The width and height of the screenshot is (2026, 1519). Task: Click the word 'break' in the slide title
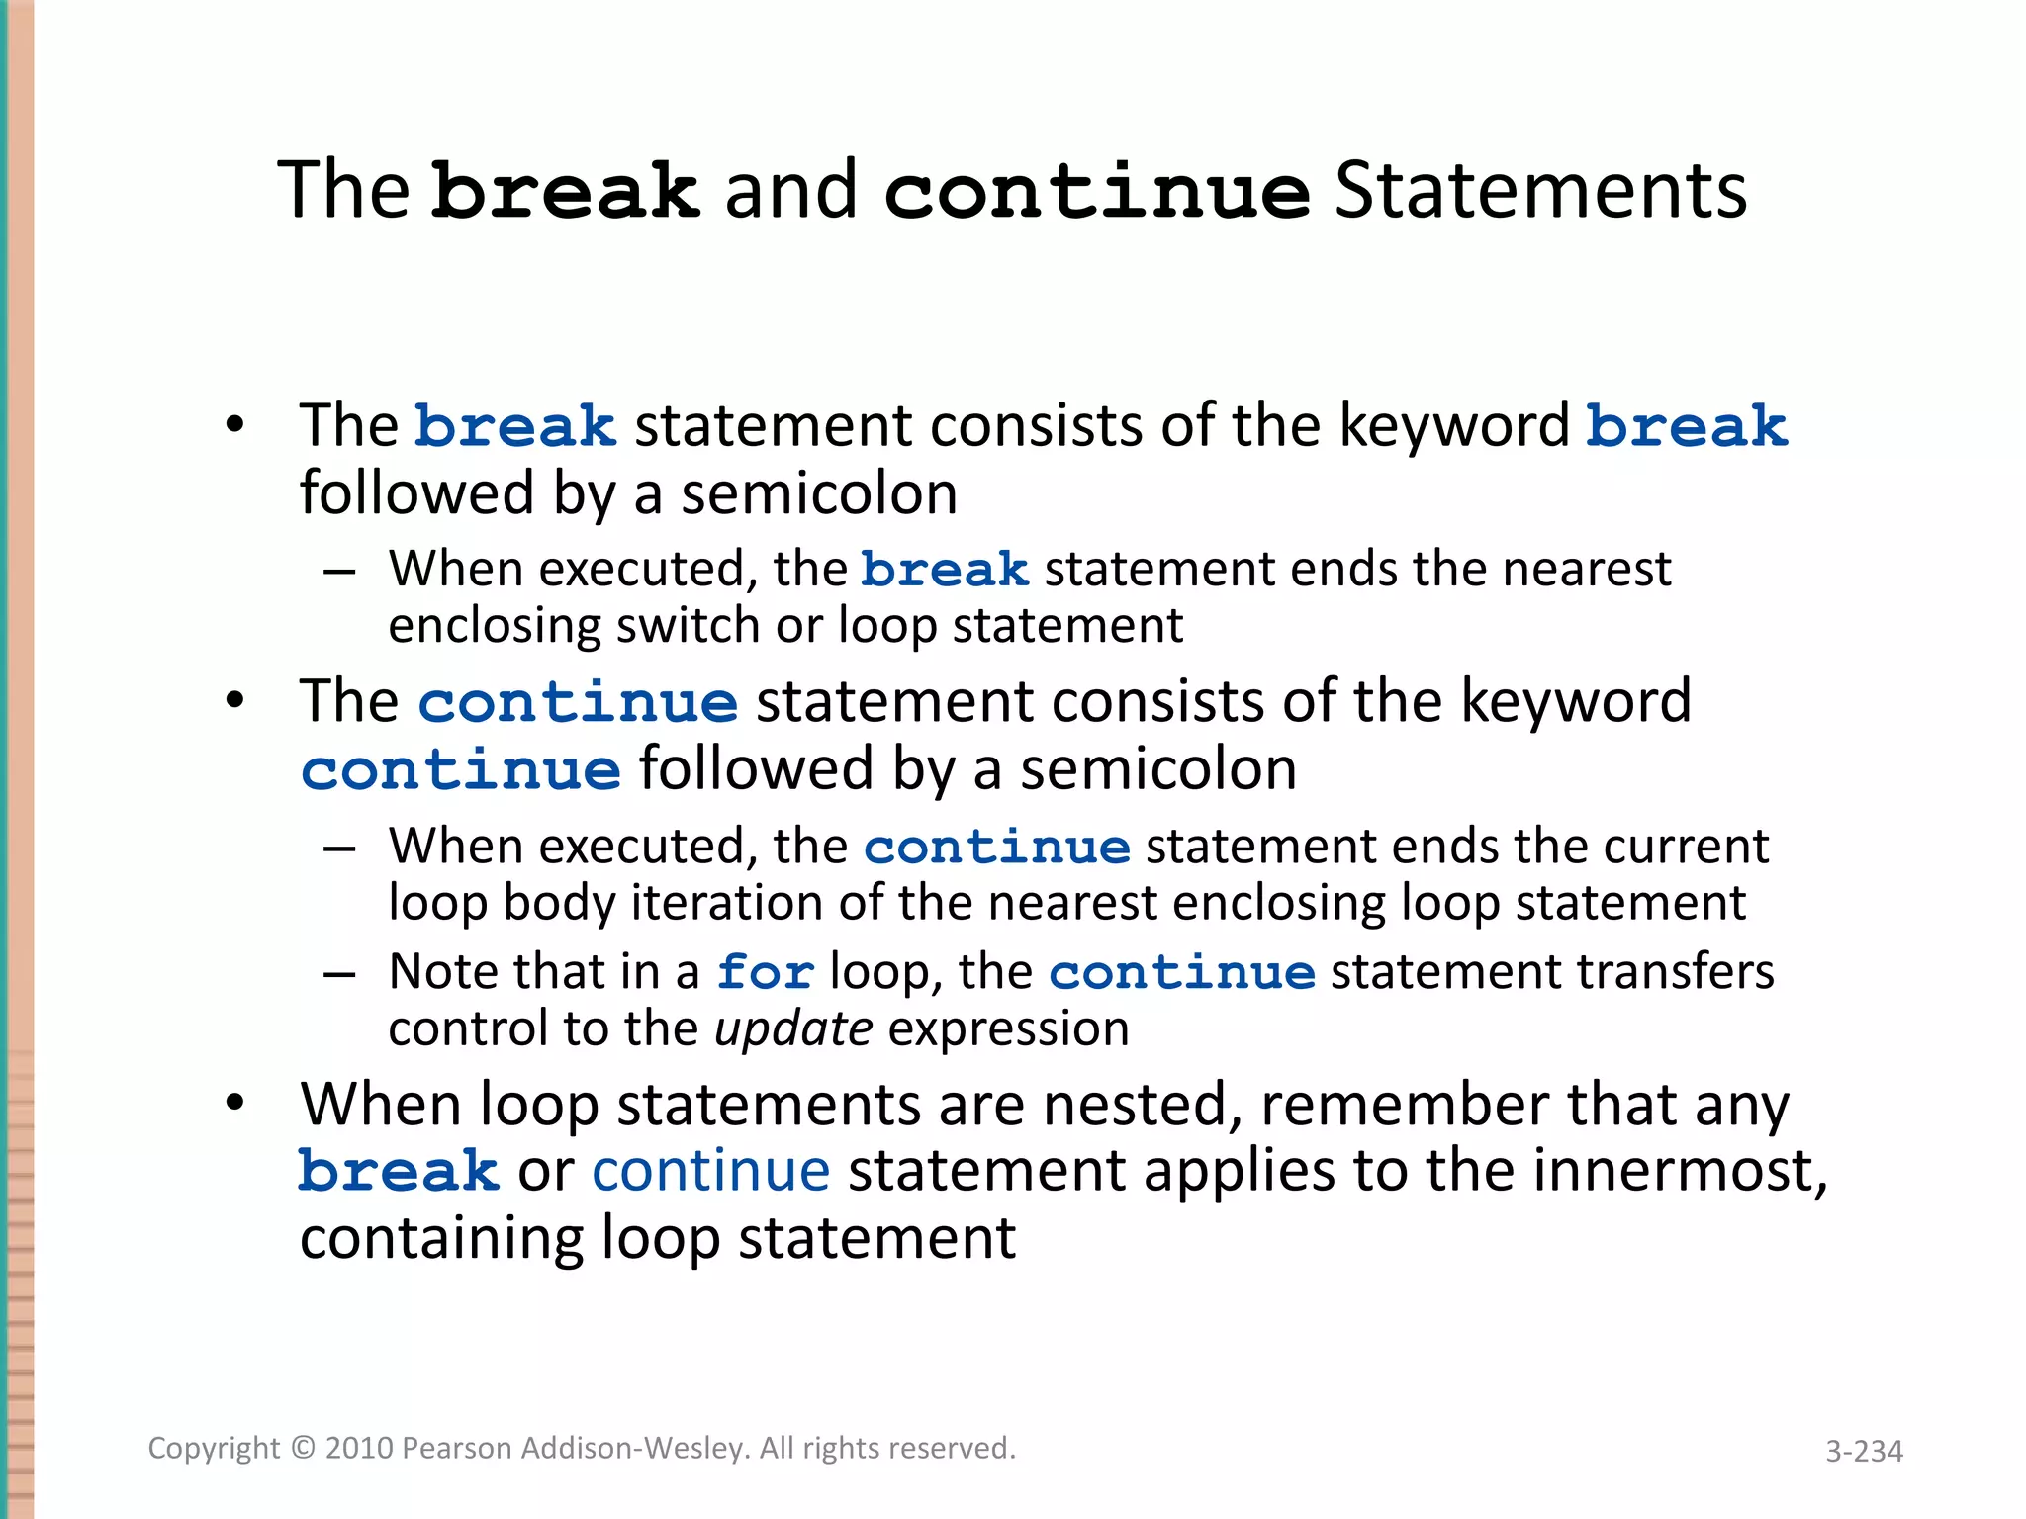tap(565, 191)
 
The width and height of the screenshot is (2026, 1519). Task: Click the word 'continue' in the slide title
tap(1096, 191)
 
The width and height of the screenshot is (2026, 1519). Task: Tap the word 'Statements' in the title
tap(1540, 191)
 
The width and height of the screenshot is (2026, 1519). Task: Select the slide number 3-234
tap(1864, 1451)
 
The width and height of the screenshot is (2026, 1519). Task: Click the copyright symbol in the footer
tap(303, 1449)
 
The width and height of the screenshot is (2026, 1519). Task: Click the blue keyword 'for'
tap(766, 972)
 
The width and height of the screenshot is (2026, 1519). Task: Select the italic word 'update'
tap(793, 1029)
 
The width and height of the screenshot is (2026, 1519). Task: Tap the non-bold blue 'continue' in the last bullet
tap(710, 1171)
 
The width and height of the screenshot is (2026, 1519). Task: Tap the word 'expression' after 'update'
tap(1009, 1029)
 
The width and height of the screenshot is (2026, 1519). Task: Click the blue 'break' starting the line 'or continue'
tap(399, 1173)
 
